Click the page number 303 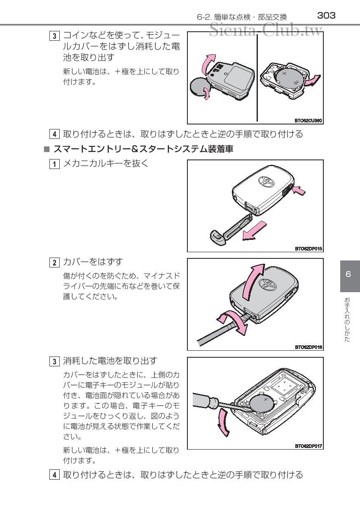coord(326,16)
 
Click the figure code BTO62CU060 coord(308,121)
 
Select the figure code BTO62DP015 coord(308,248)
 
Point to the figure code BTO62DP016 coord(308,347)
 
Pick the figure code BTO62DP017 coord(308,446)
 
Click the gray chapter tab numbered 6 coord(348,274)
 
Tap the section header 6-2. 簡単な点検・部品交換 coord(242,17)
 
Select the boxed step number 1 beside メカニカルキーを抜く coord(54,164)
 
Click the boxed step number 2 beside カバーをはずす coord(54,262)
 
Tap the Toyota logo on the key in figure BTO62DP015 coord(264,182)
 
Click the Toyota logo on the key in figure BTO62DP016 coord(264,284)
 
